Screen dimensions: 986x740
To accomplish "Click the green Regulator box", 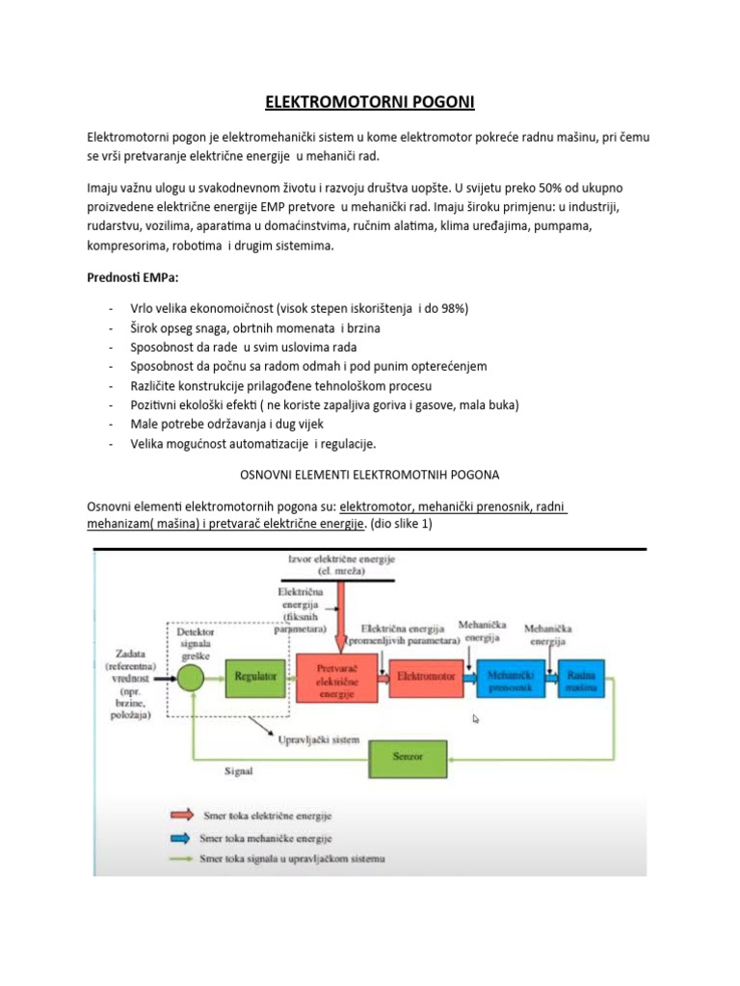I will [x=255, y=676].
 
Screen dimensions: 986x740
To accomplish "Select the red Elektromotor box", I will [x=426, y=676].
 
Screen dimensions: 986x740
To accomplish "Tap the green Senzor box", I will [x=407, y=757].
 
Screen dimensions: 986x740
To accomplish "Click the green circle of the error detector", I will [x=191, y=677].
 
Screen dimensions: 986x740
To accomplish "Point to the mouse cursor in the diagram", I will [x=476, y=718].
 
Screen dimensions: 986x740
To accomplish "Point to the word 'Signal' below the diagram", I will [x=241, y=770].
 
